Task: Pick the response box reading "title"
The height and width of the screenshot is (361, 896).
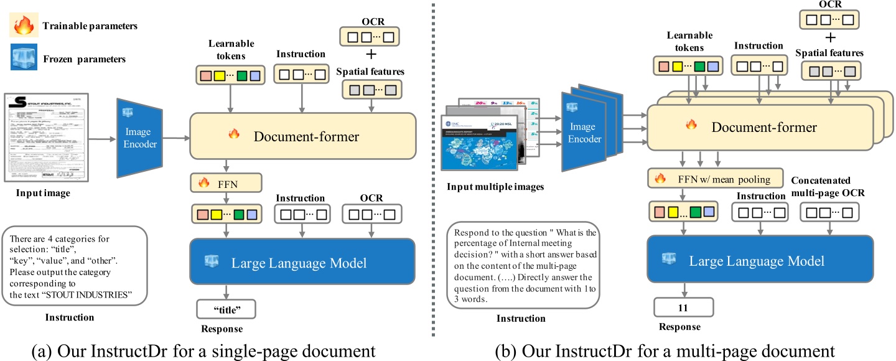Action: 226,308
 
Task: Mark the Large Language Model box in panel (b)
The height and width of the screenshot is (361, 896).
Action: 757,261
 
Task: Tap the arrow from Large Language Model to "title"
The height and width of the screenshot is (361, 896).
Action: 226,290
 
